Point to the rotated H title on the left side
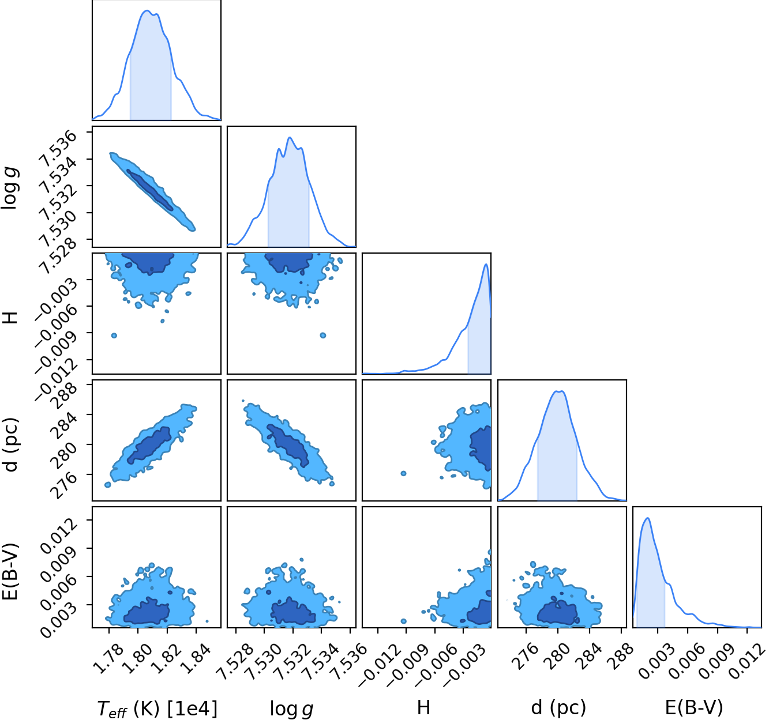(x=10, y=317)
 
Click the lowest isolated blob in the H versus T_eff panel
(x=114, y=336)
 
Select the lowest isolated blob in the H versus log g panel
(x=323, y=336)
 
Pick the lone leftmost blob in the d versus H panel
(x=403, y=473)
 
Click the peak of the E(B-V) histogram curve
(x=647, y=518)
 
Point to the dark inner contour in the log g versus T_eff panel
(x=150, y=190)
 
